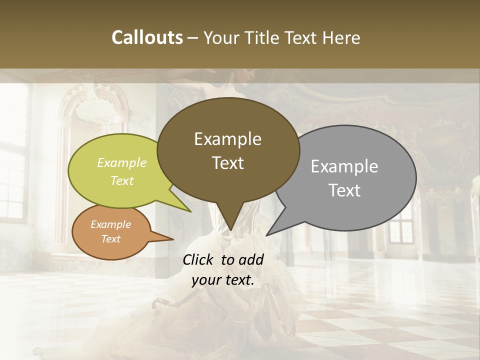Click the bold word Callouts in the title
[147, 37]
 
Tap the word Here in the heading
[341, 37]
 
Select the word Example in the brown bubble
[227, 139]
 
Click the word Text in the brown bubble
[227, 162]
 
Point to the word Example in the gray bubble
[344, 166]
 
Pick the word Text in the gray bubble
[344, 190]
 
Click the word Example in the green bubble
[122, 162]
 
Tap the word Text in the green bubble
[122, 180]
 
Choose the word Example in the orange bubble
[110, 224]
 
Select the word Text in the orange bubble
[110, 239]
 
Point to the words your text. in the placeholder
[223, 280]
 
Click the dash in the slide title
[193, 37]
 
